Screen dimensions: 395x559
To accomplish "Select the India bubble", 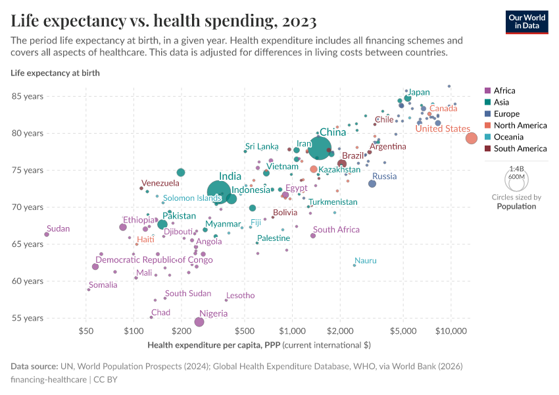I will pos(218,192).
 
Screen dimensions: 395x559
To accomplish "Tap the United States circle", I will pos(472,138).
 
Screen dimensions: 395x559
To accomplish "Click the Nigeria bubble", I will pos(199,322).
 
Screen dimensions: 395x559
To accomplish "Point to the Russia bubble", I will pos(372,184).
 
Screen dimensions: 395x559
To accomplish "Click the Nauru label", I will pos(365,261).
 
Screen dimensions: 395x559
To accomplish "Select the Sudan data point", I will pos(47,234).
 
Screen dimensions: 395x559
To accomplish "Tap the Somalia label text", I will pos(103,285).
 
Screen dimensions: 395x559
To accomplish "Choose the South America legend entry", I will pos(519,149).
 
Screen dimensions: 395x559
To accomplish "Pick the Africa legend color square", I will pos(487,91).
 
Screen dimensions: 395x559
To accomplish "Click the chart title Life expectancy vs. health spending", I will pos(164,21).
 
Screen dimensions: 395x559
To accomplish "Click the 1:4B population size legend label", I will pos(516,169).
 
